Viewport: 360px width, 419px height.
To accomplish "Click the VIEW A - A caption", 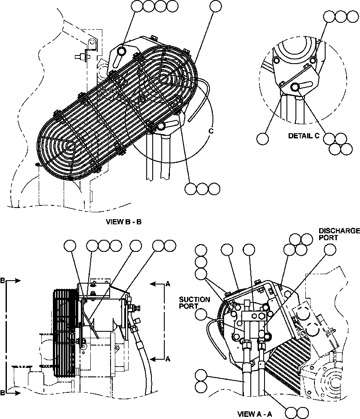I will (x=255, y=414).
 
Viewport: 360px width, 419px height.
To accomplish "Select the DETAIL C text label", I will (x=304, y=136).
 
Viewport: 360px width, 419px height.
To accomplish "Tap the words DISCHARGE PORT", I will (x=339, y=234).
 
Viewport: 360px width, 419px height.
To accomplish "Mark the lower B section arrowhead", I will (x=17, y=393).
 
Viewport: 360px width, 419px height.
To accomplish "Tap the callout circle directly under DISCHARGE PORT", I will (x=329, y=250).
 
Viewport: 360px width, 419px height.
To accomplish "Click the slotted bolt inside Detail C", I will (x=295, y=87).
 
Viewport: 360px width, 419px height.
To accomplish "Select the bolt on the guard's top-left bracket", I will (x=121, y=52).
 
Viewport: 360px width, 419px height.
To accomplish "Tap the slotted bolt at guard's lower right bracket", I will (x=161, y=126).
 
